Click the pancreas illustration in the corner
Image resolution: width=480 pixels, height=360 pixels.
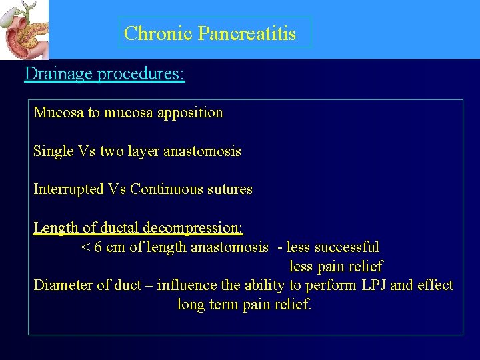point(24,29)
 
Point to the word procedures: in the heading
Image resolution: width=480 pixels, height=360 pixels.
point(141,73)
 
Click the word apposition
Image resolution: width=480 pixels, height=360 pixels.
point(194,113)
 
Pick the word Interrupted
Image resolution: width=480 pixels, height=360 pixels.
point(69,189)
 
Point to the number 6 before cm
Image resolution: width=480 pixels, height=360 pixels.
point(98,247)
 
